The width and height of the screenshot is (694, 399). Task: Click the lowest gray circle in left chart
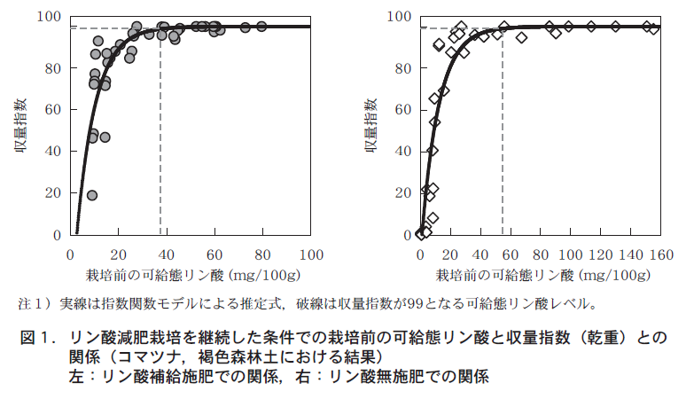click(x=91, y=195)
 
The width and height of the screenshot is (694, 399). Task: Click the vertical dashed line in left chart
click(x=160, y=133)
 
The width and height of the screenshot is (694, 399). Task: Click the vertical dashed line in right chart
click(x=503, y=133)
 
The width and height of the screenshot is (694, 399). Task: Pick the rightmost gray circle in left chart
click(x=261, y=27)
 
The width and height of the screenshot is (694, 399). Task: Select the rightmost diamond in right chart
click(x=654, y=28)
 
